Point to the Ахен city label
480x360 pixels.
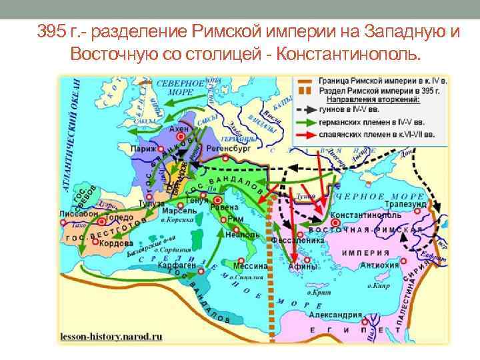[x=179, y=128]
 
